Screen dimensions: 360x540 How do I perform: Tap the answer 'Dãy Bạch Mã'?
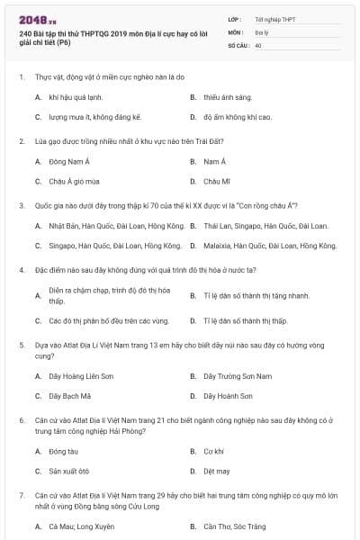coord(69,396)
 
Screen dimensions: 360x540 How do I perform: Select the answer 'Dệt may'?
coord(216,471)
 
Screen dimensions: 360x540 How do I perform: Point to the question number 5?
coord(21,344)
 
